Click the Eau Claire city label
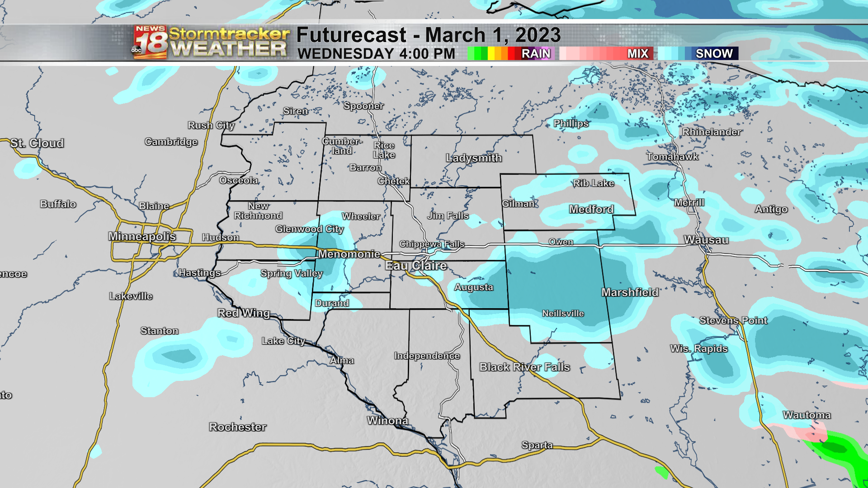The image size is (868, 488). (416, 266)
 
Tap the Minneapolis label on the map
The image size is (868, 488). (142, 236)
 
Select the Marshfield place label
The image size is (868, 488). (630, 292)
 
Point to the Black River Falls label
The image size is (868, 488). (524, 367)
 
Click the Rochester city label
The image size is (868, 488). (238, 427)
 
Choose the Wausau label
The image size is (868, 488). (706, 240)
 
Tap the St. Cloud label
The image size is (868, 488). (37, 143)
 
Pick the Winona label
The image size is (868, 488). (388, 421)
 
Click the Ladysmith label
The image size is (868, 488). (474, 158)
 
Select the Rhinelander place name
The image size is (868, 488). (712, 132)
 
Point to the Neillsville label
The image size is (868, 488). (563, 314)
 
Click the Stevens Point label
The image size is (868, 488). (733, 320)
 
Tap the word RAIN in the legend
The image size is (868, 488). (536, 54)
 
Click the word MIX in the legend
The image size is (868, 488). (638, 54)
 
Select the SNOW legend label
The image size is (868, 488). (714, 54)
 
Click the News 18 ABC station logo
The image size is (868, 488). (150, 42)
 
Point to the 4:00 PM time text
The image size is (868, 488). (427, 54)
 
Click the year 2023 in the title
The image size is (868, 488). (538, 35)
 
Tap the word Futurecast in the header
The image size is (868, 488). (352, 35)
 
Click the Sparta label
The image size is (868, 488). (537, 445)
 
